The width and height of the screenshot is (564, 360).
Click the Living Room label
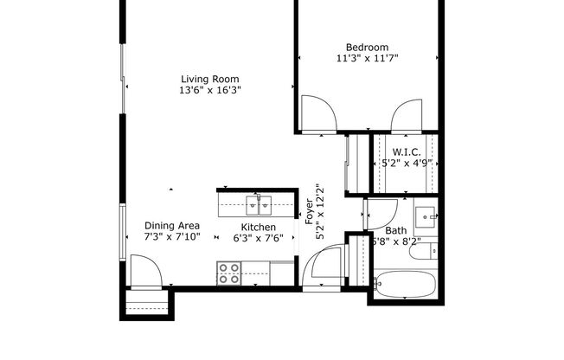[x=209, y=77]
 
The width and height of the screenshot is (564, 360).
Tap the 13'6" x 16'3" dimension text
[x=209, y=90]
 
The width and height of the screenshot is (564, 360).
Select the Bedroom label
[x=368, y=47]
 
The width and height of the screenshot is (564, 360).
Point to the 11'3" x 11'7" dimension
[x=368, y=59]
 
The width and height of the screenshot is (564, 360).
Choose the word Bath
[x=396, y=230]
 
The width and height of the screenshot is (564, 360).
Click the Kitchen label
[x=258, y=228]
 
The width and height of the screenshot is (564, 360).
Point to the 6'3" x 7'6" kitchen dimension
[x=258, y=241]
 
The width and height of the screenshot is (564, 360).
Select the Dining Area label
[x=172, y=225]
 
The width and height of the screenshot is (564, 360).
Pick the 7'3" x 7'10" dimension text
[x=172, y=237]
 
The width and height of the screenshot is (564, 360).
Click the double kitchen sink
[x=257, y=205]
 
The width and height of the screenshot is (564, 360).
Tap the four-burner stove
[x=229, y=274]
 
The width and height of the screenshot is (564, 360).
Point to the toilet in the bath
[x=433, y=252]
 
